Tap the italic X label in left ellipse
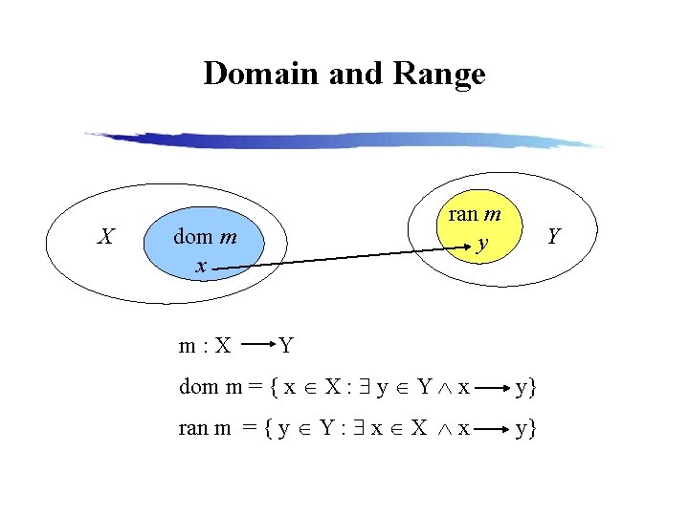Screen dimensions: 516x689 (108, 235)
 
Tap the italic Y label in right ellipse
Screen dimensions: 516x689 (552, 235)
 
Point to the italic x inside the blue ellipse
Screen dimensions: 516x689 (200, 265)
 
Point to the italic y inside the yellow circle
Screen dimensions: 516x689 (483, 245)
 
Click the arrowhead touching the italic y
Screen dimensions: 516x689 (468, 251)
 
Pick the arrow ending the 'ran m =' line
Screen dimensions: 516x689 (495, 429)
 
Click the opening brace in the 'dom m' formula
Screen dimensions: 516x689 (275, 388)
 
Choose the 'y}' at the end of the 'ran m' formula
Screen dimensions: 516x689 (526, 429)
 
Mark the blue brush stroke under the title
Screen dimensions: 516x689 (344, 140)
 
